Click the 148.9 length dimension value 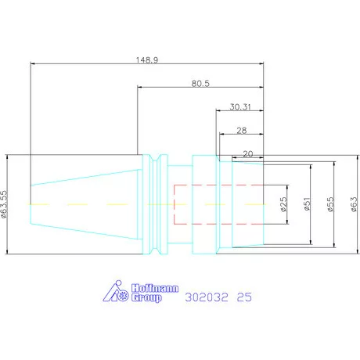click(147, 60)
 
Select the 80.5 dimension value click(200, 84)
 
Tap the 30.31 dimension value click(240, 107)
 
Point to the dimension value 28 click(242, 131)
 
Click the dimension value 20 click(248, 154)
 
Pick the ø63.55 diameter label click(4, 204)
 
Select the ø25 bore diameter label click(283, 204)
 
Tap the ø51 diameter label click(307, 204)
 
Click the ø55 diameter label click(330, 204)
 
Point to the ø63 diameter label click(354, 204)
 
